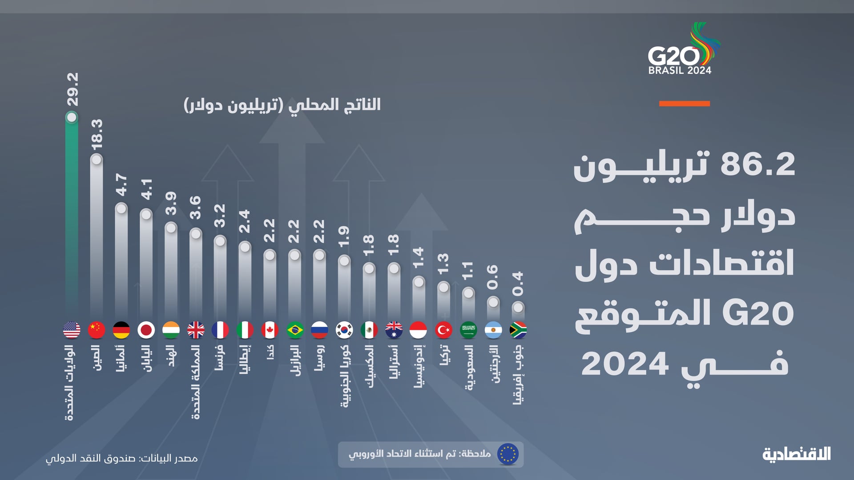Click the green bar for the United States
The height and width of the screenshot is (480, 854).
click(x=72, y=213)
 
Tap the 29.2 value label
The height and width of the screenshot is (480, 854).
click(x=73, y=89)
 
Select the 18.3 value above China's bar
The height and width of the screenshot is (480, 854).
click(x=97, y=134)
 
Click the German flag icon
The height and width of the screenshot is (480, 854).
click(x=121, y=330)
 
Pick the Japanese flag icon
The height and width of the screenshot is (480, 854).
click(x=146, y=330)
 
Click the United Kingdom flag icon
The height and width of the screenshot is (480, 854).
click(x=196, y=330)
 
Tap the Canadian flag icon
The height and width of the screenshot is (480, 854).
click(x=270, y=330)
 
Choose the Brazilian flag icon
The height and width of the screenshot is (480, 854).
click(x=294, y=330)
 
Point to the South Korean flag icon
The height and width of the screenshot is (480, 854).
click(x=344, y=330)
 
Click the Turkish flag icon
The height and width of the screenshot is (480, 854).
click(x=443, y=330)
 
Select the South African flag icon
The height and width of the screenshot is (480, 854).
click(x=518, y=330)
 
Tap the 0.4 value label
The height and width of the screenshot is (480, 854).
click(x=518, y=284)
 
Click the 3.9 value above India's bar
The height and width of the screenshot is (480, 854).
click(x=171, y=204)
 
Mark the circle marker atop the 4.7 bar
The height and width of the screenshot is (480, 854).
click(x=121, y=208)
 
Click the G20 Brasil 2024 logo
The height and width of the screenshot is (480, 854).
click(x=683, y=49)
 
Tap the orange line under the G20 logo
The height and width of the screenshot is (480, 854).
click(x=684, y=104)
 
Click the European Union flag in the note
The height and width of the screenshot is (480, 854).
click(x=508, y=454)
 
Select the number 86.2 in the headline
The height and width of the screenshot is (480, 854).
click(x=757, y=164)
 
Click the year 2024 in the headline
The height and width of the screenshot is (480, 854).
click(x=625, y=364)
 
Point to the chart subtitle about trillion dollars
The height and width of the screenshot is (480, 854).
click(x=282, y=105)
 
